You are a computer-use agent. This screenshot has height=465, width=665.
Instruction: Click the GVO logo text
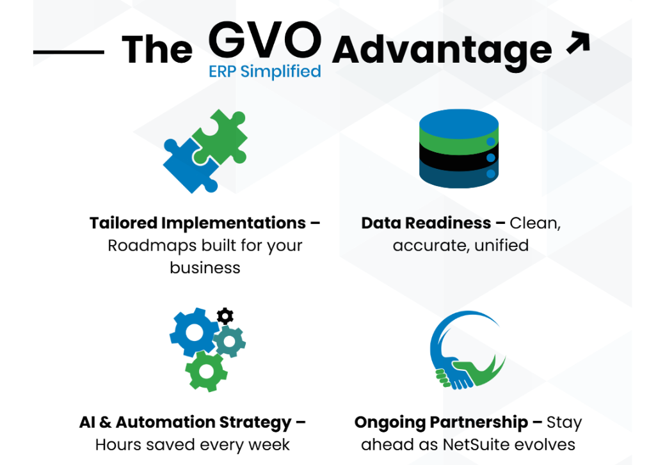[264, 40]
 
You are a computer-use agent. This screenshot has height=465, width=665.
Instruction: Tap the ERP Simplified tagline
[264, 71]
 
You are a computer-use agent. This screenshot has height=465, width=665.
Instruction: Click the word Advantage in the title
[442, 49]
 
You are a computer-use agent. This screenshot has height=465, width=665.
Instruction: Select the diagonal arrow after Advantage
[577, 43]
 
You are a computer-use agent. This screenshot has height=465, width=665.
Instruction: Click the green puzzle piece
[221, 136]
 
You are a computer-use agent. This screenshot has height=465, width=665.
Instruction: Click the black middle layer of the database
[458, 156]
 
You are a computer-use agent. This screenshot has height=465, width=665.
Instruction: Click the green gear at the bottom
[205, 370]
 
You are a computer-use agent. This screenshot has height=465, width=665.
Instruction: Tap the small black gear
[225, 315]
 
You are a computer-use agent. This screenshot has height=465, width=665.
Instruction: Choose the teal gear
[228, 341]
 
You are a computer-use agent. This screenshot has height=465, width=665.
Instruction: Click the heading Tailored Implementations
[198, 223]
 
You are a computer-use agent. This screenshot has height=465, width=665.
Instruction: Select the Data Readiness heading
[426, 223]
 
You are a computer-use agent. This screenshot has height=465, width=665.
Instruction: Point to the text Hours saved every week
[192, 445]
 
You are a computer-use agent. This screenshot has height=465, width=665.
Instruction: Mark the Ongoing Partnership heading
[441, 423]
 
